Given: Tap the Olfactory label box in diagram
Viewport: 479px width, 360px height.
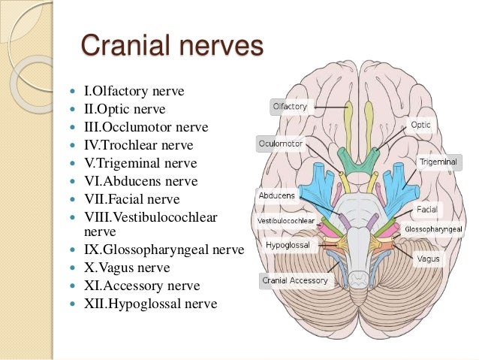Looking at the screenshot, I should (x=290, y=107).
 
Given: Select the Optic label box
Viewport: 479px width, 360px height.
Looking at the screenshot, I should (x=420, y=124).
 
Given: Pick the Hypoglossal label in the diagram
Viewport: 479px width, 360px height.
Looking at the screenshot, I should (x=285, y=244).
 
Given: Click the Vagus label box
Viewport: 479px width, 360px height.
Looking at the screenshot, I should (x=429, y=259).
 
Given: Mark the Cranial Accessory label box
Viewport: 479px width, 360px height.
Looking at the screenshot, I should (x=294, y=280).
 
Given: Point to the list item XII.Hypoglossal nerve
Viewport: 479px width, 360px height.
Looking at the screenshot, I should (x=150, y=304).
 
